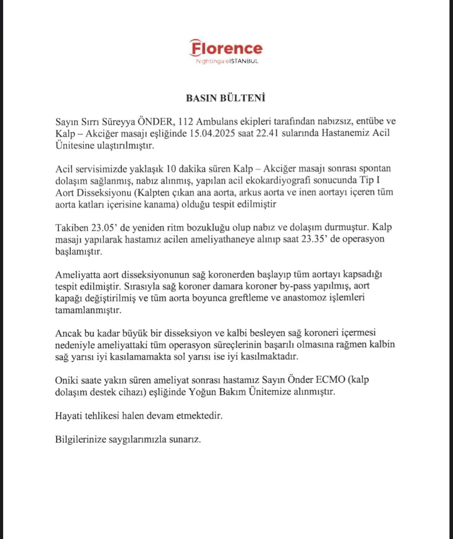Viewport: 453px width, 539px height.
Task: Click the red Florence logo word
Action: (226, 48)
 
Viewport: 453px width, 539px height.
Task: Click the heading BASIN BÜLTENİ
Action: (226, 98)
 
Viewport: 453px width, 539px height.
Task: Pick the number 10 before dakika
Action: (171, 169)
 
